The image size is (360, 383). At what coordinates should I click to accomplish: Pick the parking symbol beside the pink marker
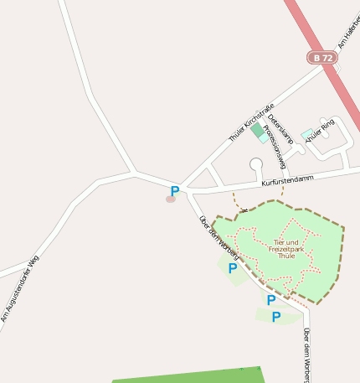[175, 191]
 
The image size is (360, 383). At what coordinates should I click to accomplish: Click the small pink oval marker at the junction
[170, 199]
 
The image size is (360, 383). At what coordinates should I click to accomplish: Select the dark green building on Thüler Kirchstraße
[256, 129]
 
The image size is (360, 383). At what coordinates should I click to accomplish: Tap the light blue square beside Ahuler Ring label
[306, 133]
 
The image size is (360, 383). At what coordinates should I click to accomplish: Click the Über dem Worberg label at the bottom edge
[306, 354]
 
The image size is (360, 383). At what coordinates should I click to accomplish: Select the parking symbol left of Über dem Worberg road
[232, 268]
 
